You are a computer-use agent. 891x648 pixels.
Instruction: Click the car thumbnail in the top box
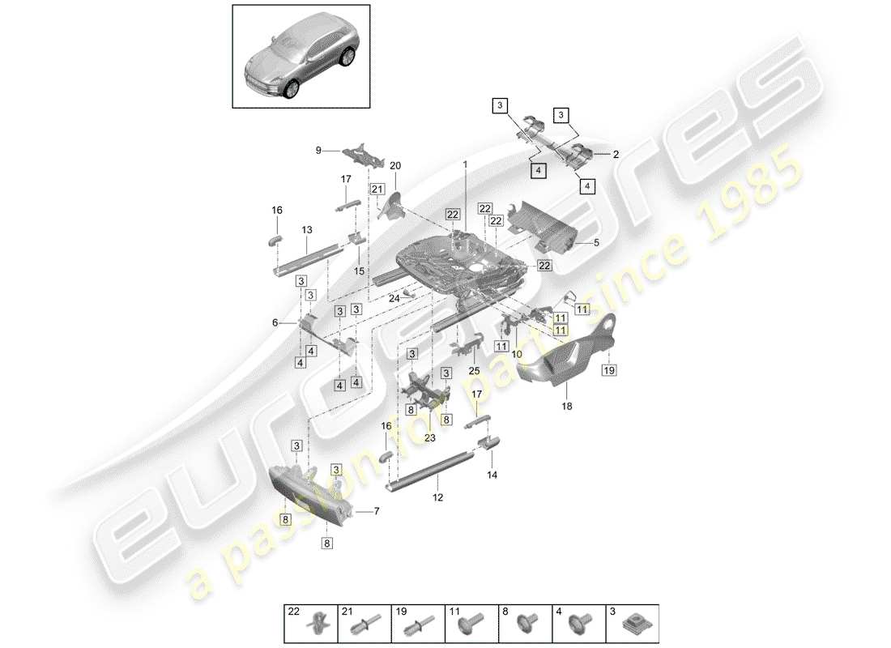coord(301,57)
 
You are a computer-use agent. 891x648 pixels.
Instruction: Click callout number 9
coord(318,150)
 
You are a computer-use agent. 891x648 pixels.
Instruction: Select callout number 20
coord(395,165)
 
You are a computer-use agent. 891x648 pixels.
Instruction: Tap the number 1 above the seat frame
coord(465,164)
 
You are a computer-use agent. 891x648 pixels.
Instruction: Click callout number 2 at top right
coord(616,153)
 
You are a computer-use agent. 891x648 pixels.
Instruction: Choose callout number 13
coord(307,230)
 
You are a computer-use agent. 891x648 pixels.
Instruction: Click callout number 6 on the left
coord(275,322)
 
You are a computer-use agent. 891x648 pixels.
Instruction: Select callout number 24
coord(394,298)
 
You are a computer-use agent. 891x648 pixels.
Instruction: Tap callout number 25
coord(474,371)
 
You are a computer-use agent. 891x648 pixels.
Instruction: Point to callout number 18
coord(566,407)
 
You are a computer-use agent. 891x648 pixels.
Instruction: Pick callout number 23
coord(429,438)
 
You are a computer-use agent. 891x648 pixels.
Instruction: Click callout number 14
coord(493,475)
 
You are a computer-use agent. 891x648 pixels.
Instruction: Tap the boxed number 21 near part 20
coord(377,189)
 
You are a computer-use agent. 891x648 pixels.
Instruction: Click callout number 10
coord(515,354)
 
